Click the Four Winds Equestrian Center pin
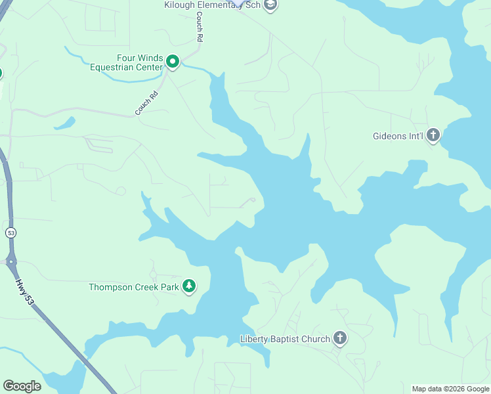173,62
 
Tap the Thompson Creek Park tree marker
189,286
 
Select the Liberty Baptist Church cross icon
339,339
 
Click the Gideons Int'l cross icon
433,136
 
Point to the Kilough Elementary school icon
271,5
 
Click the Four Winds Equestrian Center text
126,62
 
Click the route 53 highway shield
11,233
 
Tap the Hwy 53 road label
24,290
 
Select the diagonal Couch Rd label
147,104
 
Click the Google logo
22,385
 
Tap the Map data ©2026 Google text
450,389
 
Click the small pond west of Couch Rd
64,123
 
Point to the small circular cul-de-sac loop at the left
121,191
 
